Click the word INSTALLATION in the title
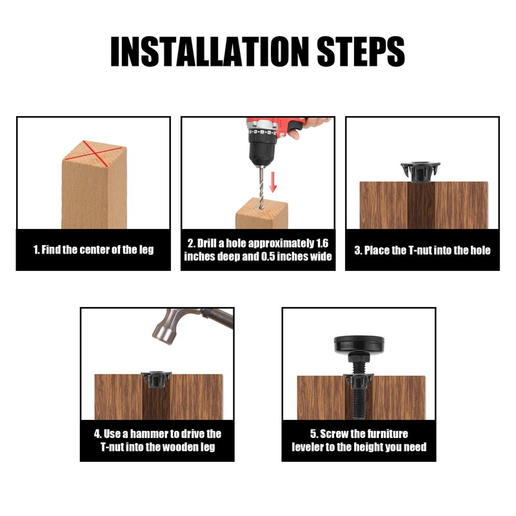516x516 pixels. [x=210, y=52]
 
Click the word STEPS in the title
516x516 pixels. [x=361, y=52]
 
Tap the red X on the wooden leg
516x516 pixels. [x=93, y=150]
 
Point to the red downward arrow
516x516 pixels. [x=272, y=182]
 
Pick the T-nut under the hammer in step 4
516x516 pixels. [x=156, y=379]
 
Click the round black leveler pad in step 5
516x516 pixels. [x=359, y=344]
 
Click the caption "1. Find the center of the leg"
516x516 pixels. [x=94, y=250]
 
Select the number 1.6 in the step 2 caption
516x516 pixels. [x=322, y=243]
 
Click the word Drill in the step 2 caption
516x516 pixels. [x=206, y=243]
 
